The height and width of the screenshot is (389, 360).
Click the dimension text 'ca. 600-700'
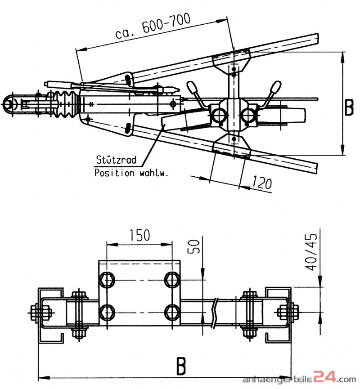[153, 27]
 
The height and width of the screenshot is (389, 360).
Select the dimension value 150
[139, 235]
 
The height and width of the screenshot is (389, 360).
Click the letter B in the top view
[349, 107]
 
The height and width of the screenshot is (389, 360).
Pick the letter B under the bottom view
[180, 367]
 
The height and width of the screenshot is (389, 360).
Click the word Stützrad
[116, 159]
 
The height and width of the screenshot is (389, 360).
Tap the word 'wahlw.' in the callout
[153, 173]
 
